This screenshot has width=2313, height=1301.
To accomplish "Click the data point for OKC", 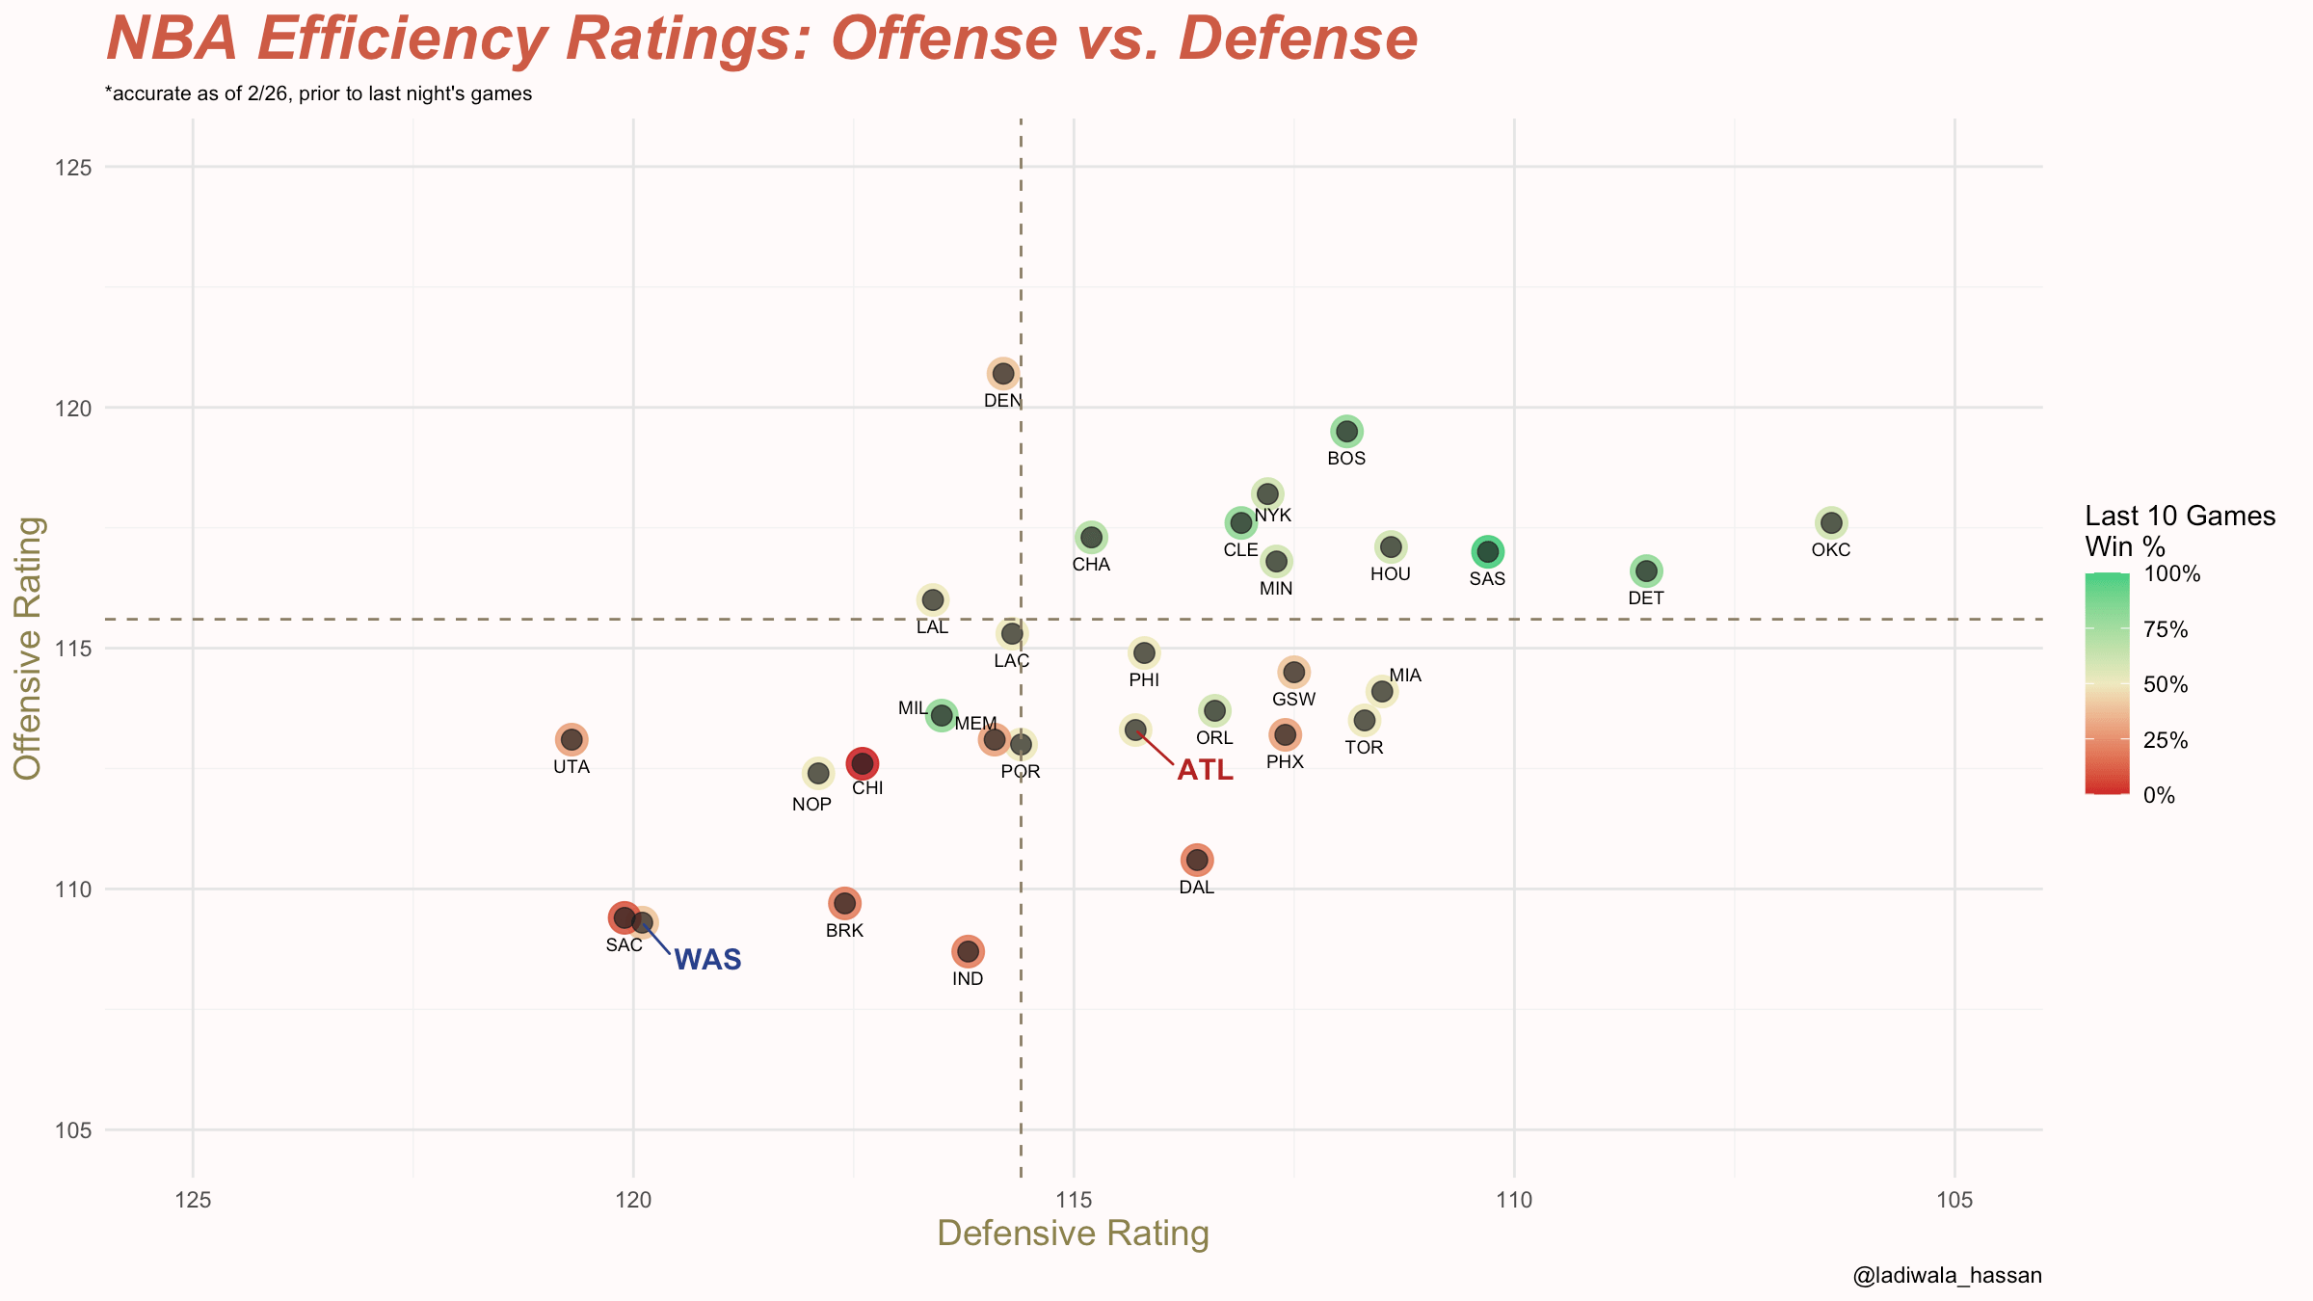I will [1831, 523].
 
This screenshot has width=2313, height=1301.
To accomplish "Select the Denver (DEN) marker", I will [1003, 373].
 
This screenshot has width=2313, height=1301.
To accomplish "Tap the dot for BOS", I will [1346, 431].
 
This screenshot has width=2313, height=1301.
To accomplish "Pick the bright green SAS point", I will [1488, 551].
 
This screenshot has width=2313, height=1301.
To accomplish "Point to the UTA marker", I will [572, 740].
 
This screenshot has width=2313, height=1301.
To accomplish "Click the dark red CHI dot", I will [862, 763].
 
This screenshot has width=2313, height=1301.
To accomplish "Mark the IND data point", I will [968, 951].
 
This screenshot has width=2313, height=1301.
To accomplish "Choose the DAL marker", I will [1197, 860].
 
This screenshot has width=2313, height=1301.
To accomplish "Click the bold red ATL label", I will [1205, 770].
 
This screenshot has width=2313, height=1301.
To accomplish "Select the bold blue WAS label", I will [707, 960].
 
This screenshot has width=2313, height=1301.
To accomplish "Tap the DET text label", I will [1646, 598].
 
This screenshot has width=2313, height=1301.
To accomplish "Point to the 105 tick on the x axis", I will [1954, 1201].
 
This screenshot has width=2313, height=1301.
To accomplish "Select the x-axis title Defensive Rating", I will [1073, 1234].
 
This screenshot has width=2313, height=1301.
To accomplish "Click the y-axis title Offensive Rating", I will [28, 648].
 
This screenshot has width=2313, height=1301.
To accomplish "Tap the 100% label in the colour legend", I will [2172, 574].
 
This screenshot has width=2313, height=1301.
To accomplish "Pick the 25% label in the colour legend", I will [2166, 740].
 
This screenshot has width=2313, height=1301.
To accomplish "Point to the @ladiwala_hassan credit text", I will [1947, 1276].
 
